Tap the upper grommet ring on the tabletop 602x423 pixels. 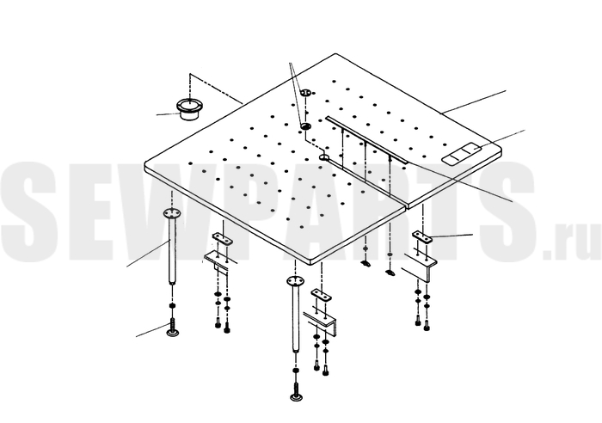(x=306, y=93)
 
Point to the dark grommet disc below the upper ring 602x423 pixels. (x=306, y=126)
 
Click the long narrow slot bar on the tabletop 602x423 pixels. (x=366, y=140)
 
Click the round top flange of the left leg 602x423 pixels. (x=172, y=213)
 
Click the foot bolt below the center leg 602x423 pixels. (x=296, y=392)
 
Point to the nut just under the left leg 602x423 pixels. (x=172, y=305)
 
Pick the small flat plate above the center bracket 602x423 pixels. (x=321, y=295)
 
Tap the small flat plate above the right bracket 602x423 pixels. (x=422, y=236)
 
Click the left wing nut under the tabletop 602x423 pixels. (x=365, y=263)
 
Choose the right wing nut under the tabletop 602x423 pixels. (x=390, y=273)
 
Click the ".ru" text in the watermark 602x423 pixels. (x=573, y=242)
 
